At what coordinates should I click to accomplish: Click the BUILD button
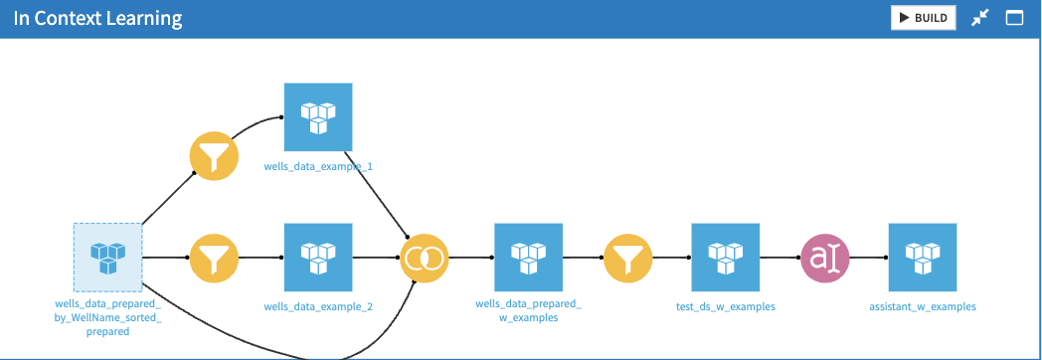(923, 18)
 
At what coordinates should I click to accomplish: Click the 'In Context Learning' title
(97, 19)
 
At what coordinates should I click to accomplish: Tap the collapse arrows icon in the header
(979, 18)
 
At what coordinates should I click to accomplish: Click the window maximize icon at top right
(1015, 18)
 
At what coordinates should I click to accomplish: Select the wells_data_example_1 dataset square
(318, 116)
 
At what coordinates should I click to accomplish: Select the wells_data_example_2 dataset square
(318, 257)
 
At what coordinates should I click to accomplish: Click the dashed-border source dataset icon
(107, 257)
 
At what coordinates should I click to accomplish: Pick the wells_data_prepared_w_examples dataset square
(528, 257)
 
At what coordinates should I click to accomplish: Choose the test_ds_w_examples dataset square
(725, 257)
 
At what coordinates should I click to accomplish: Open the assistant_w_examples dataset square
(922, 257)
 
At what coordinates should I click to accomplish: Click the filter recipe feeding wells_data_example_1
(214, 156)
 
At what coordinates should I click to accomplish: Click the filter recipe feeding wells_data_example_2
(214, 258)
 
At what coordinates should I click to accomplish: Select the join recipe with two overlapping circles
(425, 258)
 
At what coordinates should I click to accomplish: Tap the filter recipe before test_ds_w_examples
(626, 258)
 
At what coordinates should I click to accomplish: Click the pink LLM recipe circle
(825, 258)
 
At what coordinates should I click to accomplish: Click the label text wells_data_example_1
(318, 166)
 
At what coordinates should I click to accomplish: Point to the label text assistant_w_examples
(922, 306)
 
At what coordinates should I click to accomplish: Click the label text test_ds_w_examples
(725, 306)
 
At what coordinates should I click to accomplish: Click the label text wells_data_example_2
(318, 306)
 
